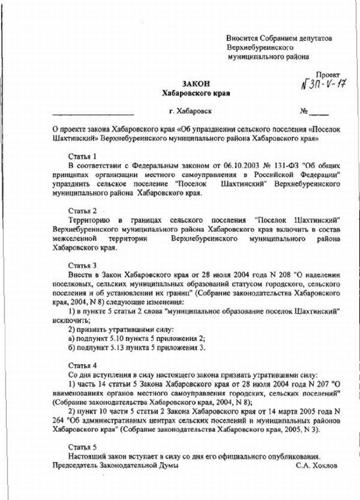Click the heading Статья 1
tap(83, 156)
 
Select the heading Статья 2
tap(83, 211)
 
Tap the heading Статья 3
tap(83, 265)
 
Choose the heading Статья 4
tap(83, 366)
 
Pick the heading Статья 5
tap(83, 446)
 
